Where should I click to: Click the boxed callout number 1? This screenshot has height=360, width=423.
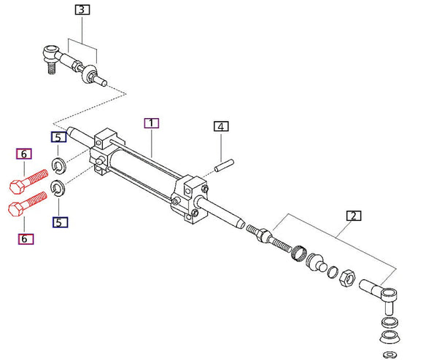pos(151,123)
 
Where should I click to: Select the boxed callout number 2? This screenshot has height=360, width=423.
pos(352,216)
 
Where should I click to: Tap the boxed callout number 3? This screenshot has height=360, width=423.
pos(82,10)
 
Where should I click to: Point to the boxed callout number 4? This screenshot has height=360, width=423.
pos(221,126)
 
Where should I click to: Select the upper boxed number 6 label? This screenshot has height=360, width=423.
pos(23,154)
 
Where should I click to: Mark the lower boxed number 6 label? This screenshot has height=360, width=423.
pos(23,237)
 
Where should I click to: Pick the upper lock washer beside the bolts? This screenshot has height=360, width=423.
pos(58,163)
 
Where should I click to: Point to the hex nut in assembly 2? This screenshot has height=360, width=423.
pos(349,277)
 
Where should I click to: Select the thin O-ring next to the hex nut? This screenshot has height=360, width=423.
pos(333,273)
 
